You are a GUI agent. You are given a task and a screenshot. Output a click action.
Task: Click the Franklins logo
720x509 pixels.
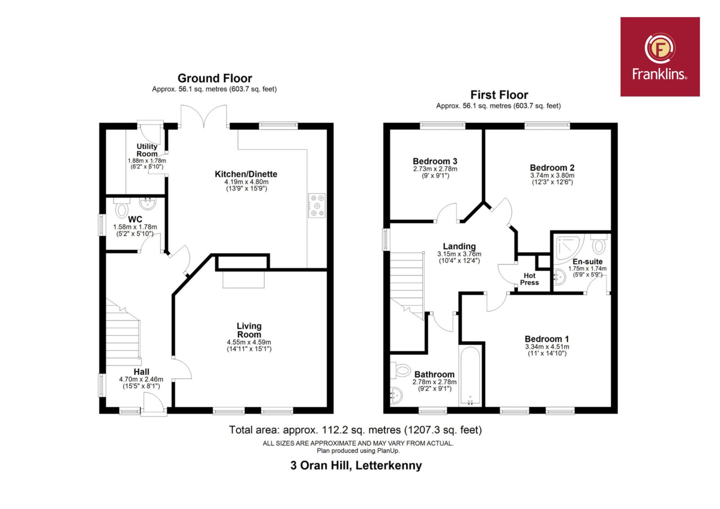pyautogui.click(x=660, y=57)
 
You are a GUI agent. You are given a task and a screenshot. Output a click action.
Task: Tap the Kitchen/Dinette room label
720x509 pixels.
pyautogui.click(x=246, y=174)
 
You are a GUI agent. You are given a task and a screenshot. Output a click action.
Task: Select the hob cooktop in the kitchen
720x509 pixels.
pyautogui.click(x=317, y=206)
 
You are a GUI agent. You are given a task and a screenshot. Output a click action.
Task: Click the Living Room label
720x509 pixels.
pyautogui.click(x=249, y=330)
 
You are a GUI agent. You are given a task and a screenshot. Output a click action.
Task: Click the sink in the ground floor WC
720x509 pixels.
pyautogui.click(x=148, y=203)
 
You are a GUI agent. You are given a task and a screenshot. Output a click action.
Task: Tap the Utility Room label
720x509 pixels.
pyautogui.click(x=147, y=150)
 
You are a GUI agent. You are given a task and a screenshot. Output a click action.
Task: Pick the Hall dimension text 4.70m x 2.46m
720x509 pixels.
pyautogui.click(x=141, y=379)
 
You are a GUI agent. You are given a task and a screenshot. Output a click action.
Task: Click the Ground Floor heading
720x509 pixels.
pyautogui.click(x=215, y=78)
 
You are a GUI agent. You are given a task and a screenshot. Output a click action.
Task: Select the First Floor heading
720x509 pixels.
pyautogui.click(x=499, y=95)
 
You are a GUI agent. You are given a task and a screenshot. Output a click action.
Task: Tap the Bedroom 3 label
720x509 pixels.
pyautogui.click(x=435, y=161)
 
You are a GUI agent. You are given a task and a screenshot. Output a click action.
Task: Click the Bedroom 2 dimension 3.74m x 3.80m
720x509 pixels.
pyautogui.click(x=552, y=176)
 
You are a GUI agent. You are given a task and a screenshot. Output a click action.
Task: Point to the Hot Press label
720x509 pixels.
pyautogui.click(x=529, y=279)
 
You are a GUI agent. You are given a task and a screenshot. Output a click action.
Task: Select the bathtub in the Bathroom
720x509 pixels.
pyautogui.click(x=470, y=376)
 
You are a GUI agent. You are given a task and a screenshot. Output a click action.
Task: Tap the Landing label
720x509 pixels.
pyautogui.click(x=459, y=246)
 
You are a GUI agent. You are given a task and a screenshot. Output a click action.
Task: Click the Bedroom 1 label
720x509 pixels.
pyautogui.click(x=547, y=339)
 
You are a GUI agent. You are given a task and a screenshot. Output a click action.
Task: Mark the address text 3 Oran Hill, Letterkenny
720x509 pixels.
pyautogui.click(x=356, y=465)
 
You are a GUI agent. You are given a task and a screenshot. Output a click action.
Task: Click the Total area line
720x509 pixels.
pyautogui.click(x=355, y=430)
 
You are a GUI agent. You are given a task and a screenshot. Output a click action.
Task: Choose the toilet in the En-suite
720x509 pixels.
pyautogui.click(x=598, y=244)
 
